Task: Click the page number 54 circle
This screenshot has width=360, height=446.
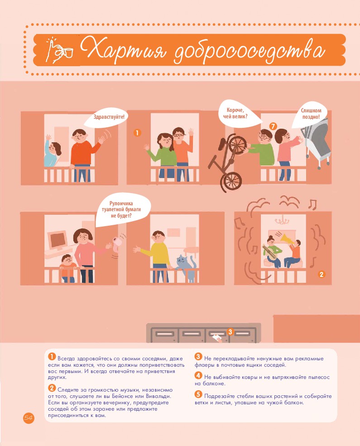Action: pos(29,417)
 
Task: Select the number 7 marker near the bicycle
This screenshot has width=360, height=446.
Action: pos(273,126)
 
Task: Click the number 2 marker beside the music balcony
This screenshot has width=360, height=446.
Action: pos(322,274)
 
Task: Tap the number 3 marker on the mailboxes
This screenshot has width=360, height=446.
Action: pos(230,331)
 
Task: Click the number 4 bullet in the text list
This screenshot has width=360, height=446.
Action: pos(198,375)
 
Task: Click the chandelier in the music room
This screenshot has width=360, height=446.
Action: pos(282,220)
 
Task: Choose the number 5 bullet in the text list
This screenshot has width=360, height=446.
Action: pos(198,394)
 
